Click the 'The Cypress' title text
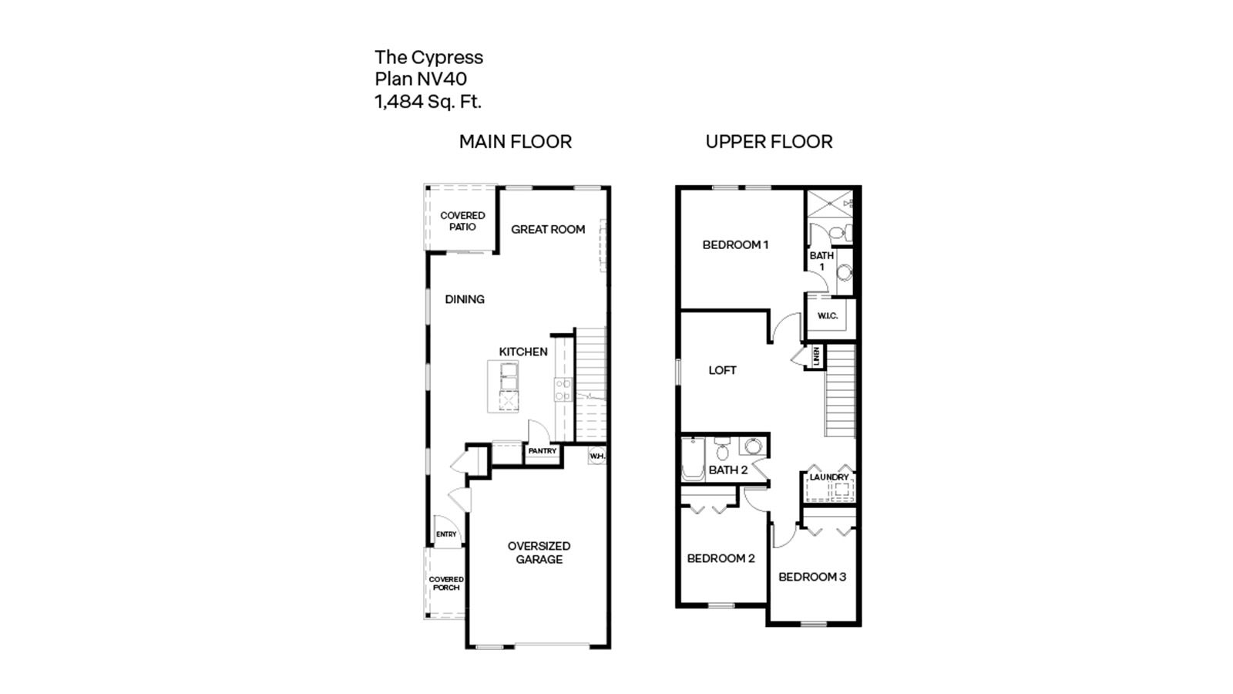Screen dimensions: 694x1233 (x=428, y=57)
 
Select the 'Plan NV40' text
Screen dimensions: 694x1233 (x=420, y=79)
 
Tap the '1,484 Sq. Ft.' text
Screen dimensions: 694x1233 (x=428, y=101)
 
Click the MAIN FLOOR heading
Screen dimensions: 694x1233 (x=515, y=142)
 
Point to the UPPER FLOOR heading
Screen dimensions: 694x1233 (x=768, y=142)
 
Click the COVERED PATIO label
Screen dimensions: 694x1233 (x=462, y=221)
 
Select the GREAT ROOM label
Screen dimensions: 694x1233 (x=547, y=229)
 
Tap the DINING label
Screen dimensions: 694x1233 (x=464, y=299)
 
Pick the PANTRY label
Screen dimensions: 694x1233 (x=542, y=451)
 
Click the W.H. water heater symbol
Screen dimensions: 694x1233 (x=597, y=456)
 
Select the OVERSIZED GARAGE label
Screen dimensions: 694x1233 (x=539, y=552)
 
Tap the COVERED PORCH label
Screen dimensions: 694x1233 (x=446, y=583)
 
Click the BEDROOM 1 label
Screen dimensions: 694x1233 (x=735, y=245)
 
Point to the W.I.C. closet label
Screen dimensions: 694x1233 (x=827, y=316)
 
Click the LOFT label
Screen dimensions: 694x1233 (x=722, y=370)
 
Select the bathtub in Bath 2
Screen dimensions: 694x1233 (x=693, y=460)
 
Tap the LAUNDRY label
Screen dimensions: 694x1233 (x=828, y=477)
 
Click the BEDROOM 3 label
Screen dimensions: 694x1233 (x=811, y=577)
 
